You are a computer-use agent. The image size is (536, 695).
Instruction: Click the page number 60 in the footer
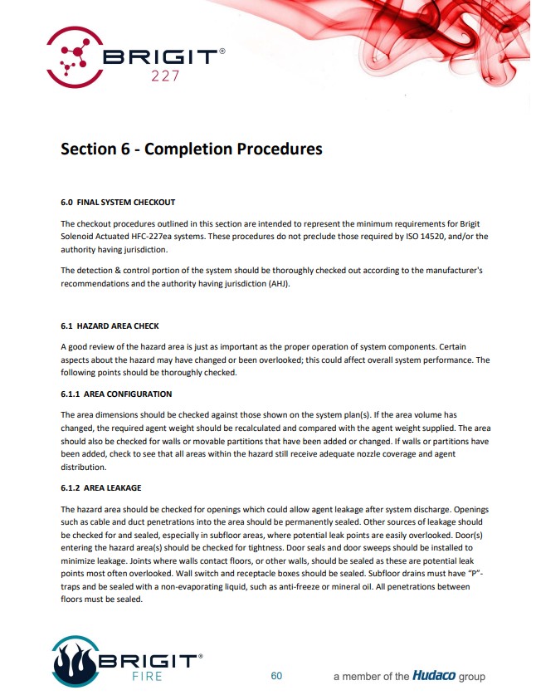[276, 676]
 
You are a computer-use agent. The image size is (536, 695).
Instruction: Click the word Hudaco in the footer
[434, 676]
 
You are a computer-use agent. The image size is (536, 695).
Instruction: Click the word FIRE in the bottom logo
[146, 676]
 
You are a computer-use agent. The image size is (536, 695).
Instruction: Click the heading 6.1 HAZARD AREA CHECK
[110, 325]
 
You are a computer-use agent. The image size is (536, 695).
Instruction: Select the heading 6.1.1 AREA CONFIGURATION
[116, 394]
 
